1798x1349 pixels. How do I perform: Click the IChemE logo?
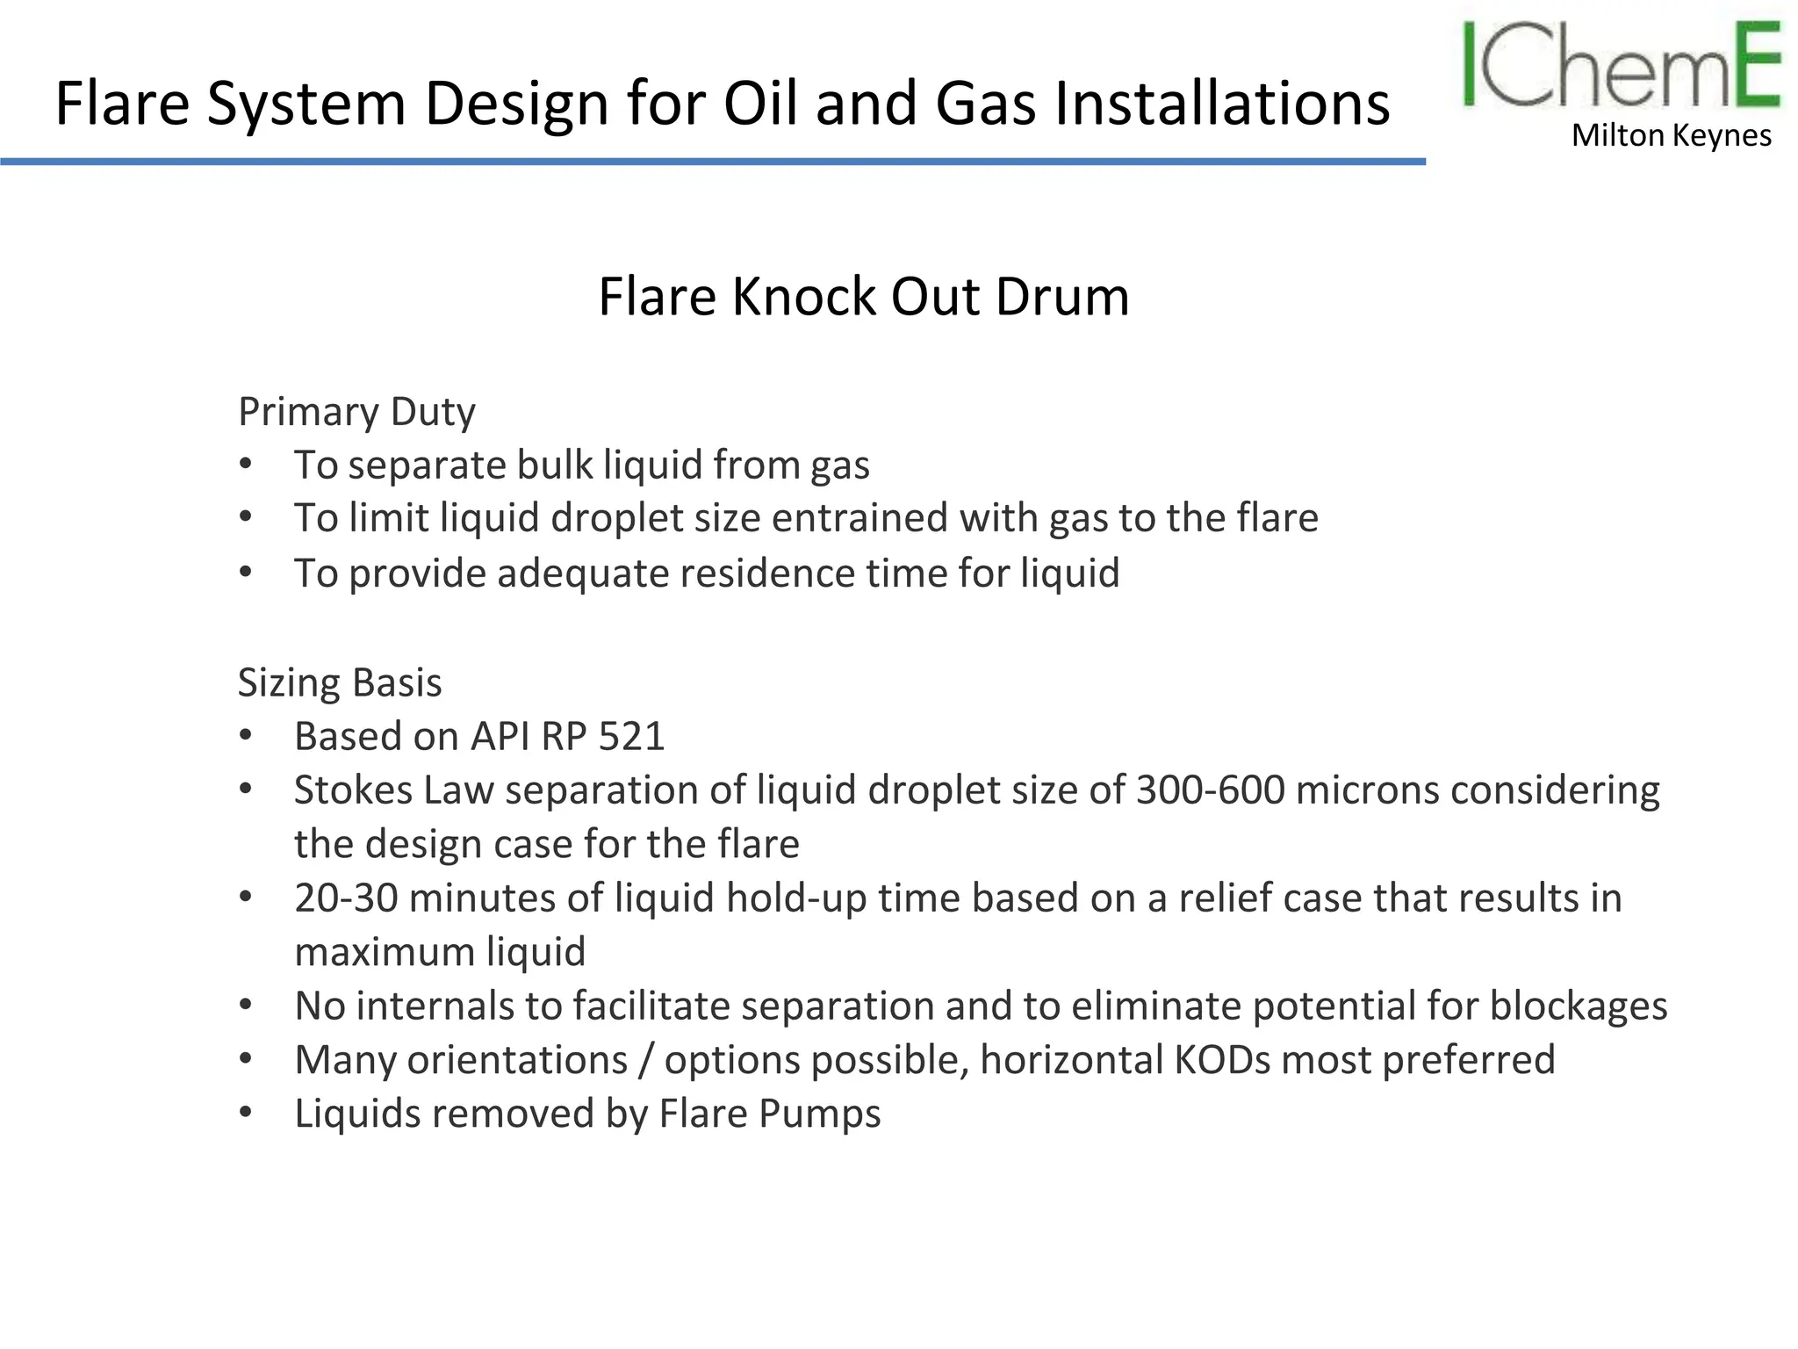coord(1621,66)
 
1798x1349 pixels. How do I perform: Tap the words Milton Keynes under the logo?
coord(1672,136)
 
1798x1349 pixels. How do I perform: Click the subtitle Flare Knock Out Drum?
coord(863,296)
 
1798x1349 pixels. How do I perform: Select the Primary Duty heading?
coord(356,412)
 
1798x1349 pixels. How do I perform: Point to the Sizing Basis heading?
coord(340,683)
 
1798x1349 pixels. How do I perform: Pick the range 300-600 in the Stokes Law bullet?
coord(1210,790)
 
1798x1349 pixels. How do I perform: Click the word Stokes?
coord(353,790)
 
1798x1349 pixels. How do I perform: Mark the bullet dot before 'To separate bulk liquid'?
coord(247,464)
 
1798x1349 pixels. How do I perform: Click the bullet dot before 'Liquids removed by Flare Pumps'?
coord(247,1113)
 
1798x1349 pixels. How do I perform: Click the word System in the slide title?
coord(306,104)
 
